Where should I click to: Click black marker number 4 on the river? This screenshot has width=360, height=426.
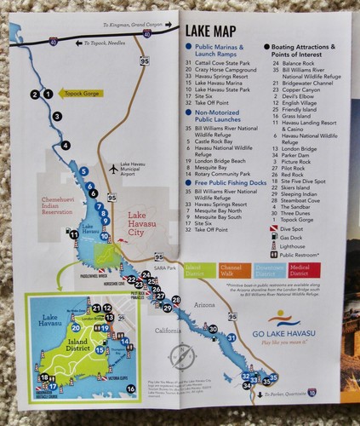pyautogui.click(x=66, y=146)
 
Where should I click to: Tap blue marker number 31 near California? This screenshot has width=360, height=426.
pyautogui.click(x=230, y=339)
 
